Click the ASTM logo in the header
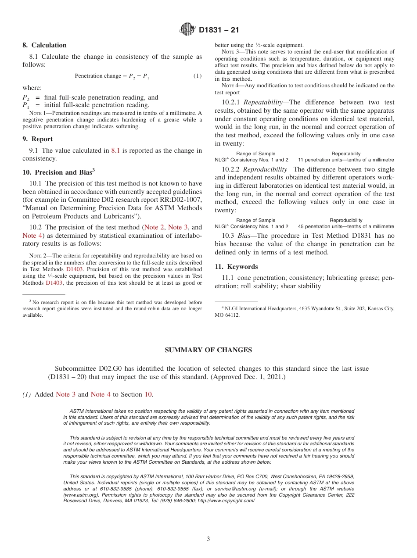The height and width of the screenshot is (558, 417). [187, 30]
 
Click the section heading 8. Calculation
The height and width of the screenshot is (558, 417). [44, 45]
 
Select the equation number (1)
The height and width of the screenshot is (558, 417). [198, 76]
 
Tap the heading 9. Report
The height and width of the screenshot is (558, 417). [37, 139]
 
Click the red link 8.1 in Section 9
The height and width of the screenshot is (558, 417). [115, 150]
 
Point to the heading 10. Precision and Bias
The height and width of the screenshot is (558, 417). [58, 172]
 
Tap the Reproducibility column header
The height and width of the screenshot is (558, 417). [346, 220]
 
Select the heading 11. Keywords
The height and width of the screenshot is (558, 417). [236, 267]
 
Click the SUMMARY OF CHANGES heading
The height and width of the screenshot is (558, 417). [208, 350]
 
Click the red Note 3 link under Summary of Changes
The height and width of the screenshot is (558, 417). [65, 394]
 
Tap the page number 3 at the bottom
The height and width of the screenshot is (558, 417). [208, 539]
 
